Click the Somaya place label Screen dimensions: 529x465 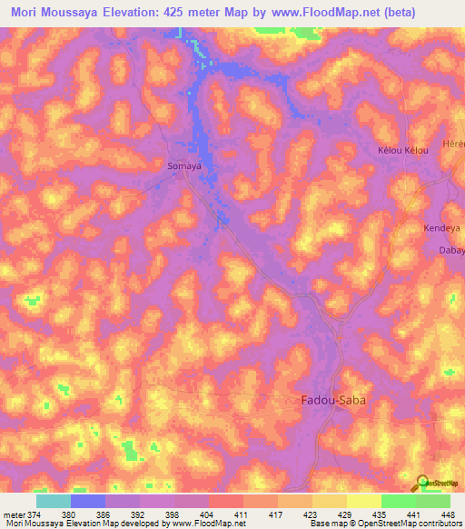(184, 167)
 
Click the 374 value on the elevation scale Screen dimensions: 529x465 (33, 514)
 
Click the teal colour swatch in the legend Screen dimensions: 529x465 (54, 501)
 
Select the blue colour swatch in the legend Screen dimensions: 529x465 (88, 501)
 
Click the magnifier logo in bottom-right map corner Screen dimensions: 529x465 (423, 483)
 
